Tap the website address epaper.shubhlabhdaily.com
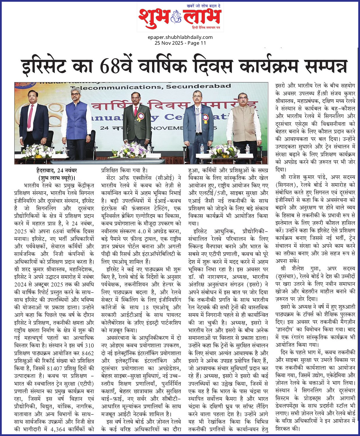(180, 37)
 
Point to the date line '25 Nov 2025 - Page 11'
(180, 43)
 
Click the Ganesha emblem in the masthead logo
(176, 16)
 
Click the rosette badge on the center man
(141, 117)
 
